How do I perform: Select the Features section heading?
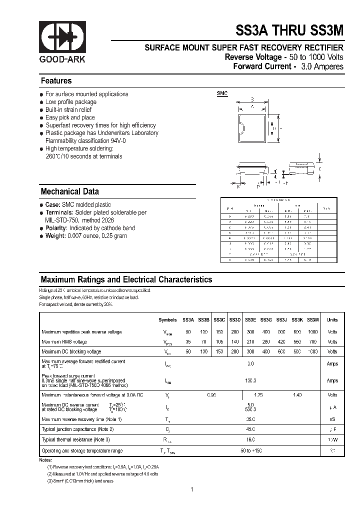56,81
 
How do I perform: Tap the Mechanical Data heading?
69,191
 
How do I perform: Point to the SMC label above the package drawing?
222,93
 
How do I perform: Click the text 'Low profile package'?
71,102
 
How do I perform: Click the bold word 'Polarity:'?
57,228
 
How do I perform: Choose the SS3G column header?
265,320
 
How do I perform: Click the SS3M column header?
313,320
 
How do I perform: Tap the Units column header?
332,320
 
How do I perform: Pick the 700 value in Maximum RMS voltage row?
312,342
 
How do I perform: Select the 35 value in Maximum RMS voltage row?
188,342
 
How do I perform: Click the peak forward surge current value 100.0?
250,380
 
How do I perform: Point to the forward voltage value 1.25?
258,395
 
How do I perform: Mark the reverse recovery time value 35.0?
250,419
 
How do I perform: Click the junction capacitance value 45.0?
250,429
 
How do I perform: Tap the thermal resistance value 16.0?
250,439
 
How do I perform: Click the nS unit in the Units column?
332,419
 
